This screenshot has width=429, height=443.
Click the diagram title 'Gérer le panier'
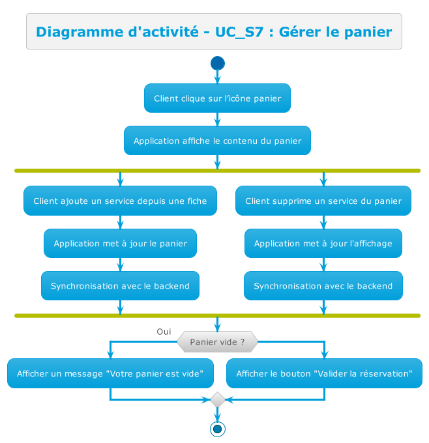[x=214, y=31]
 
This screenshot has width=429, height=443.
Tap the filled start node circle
[x=218, y=63]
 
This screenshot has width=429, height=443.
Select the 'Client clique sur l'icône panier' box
[x=217, y=98]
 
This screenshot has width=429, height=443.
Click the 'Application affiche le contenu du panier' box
[x=217, y=141]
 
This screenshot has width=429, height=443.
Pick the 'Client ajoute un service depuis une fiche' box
[x=120, y=201]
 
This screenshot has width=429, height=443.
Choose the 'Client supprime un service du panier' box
[x=323, y=201]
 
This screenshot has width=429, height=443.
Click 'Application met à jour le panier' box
[x=120, y=244]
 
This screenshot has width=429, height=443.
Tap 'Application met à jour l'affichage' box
[x=323, y=244]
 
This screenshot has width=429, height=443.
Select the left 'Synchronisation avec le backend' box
[x=120, y=286]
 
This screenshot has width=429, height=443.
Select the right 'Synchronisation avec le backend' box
[x=323, y=286]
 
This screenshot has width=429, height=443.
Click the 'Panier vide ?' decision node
[x=217, y=341]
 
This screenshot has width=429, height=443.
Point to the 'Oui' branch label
[x=164, y=332]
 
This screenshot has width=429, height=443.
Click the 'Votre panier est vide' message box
[x=111, y=373]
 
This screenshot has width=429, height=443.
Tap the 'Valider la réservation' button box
[x=324, y=373]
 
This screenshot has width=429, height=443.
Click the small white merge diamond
[x=218, y=400]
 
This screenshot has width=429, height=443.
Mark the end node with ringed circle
[x=218, y=429]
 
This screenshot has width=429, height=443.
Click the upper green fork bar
[x=217, y=171]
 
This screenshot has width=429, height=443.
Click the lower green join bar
[x=217, y=315]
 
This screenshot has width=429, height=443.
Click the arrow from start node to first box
[x=218, y=77]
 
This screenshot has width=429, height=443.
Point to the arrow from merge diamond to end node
[x=218, y=414]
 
